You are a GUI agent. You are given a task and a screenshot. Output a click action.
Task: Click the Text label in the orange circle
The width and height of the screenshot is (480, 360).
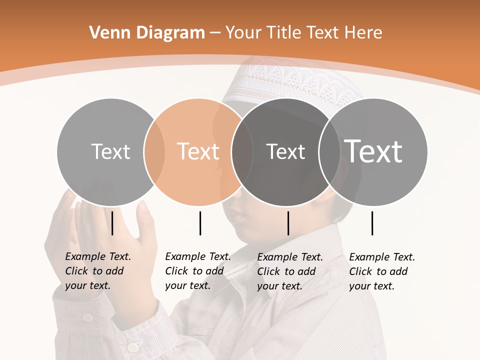[198, 151]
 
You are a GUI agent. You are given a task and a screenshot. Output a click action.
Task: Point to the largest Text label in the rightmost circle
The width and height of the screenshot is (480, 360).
[373, 151]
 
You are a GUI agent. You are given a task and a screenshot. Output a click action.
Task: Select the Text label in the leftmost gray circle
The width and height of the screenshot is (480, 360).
[110, 151]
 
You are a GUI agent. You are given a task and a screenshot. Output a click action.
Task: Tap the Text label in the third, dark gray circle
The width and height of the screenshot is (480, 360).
[285, 151]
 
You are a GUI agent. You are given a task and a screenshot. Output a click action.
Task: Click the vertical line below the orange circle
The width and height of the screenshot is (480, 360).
[200, 223]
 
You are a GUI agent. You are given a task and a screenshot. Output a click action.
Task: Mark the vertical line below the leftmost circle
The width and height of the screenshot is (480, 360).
[112, 223]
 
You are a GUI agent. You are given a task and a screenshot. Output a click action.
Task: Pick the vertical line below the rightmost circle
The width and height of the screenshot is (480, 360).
[372, 223]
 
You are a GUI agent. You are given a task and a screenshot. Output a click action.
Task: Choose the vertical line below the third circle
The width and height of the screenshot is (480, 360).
[288, 223]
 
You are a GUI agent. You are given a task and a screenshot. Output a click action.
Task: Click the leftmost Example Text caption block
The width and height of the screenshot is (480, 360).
[97, 271]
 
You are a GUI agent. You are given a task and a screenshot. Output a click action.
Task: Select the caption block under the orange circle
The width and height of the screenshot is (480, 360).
[197, 271]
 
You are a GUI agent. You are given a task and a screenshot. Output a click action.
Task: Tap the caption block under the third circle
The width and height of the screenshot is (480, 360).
[289, 271]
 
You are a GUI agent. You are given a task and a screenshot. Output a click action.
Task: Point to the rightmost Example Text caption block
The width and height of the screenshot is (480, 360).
[381, 271]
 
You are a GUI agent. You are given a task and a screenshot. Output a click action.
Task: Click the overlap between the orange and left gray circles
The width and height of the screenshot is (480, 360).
[154, 151]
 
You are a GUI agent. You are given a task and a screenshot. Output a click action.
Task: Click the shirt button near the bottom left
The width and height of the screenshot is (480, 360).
[132, 346]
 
